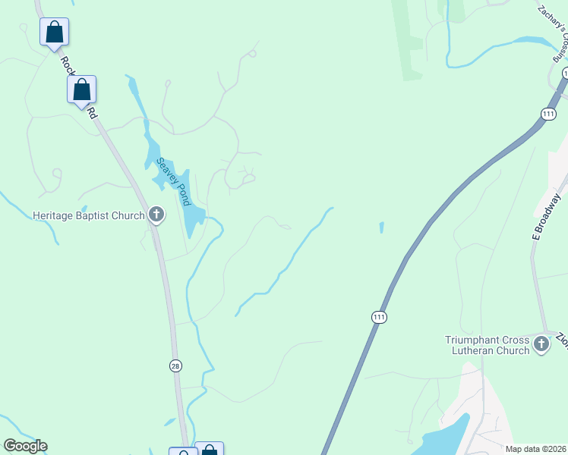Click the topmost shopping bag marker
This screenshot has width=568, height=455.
pos(54,32)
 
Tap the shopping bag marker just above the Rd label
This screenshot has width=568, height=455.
pos(82,89)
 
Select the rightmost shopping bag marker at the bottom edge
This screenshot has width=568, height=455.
pos(209,450)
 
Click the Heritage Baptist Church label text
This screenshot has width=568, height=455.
pos(88,215)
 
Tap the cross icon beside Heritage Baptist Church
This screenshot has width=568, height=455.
pos(156,215)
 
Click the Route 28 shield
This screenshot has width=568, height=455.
pos(175,366)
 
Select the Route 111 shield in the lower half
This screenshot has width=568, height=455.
pos(379,317)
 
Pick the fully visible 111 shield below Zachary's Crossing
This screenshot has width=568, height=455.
pos(547,114)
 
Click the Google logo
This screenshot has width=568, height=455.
pos(25,446)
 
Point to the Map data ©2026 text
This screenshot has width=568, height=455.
pos(535,449)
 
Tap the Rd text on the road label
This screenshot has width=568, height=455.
pos(92,112)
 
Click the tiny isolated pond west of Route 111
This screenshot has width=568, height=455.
pos(381,227)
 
